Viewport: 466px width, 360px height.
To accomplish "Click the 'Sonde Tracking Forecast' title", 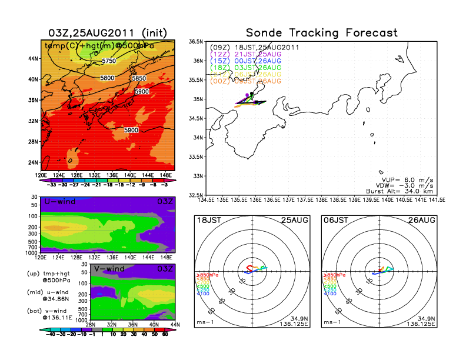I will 321,33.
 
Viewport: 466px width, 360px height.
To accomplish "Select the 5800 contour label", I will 107,78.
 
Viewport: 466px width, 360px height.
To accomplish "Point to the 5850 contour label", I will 139,78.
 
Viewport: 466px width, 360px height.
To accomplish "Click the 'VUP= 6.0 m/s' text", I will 400,176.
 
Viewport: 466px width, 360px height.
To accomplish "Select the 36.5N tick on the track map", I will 195,42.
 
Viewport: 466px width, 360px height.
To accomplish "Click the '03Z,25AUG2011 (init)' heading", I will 108,32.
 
